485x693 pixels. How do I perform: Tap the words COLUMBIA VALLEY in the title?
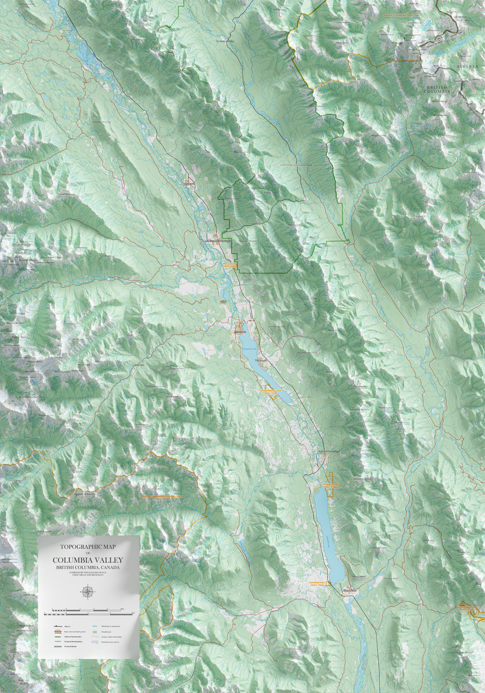pyautogui.click(x=88, y=560)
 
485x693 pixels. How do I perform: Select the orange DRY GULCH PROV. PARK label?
pyautogui.click(x=229, y=265)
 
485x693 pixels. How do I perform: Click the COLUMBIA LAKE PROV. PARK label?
pyautogui.click(x=331, y=486)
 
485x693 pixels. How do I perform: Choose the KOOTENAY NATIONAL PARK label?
pyautogui.click(x=296, y=165)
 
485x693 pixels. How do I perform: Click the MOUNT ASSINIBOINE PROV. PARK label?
pyautogui.click(x=401, y=15)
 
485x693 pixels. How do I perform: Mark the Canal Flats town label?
pyautogui.click(x=349, y=590)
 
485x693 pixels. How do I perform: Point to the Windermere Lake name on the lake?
pyautogui.click(x=250, y=349)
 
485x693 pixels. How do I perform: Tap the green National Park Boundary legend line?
pyautogui.click(x=55, y=636)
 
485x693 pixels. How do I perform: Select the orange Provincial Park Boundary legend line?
pyautogui.click(x=55, y=642)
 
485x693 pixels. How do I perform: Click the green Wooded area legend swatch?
pyautogui.click(x=95, y=631)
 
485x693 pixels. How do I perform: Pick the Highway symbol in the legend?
pyautogui.click(x=55, y=626)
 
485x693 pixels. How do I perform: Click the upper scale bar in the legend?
pyautogui.click(x=88, y=609)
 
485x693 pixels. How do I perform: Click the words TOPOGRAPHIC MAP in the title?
pyautogui.click(x=88, y=547)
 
